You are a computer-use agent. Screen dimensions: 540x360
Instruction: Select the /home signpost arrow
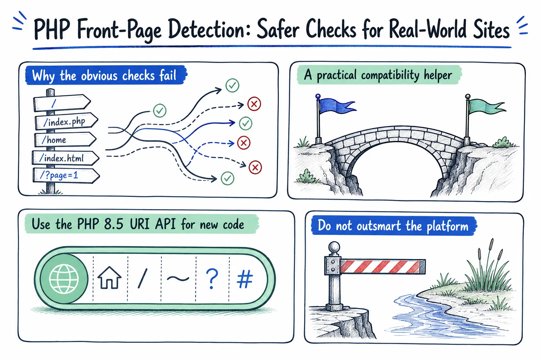pos(65,140)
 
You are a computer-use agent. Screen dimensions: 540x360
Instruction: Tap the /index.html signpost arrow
pos(66,158)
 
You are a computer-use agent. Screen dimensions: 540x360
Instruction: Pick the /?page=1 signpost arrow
pos(66,175)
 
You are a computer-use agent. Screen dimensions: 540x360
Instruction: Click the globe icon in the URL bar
pos(64,279)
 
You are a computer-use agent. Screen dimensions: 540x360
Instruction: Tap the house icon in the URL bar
pos(109,277)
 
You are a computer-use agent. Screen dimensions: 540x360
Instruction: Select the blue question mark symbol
pos(212,279)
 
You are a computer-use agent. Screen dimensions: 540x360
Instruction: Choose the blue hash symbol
pos(245,279)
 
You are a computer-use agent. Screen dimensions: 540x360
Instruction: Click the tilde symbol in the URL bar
pos(178,278)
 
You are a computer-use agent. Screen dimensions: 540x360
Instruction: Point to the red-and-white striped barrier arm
pos(382,266)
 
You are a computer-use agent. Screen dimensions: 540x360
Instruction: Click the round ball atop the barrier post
pos(334,247)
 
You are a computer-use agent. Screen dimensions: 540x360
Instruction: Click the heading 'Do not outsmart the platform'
pos(393,226)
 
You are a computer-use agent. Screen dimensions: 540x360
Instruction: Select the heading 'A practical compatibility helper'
pos(378,75)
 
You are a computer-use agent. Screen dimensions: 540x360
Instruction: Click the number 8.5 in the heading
pos(113,224)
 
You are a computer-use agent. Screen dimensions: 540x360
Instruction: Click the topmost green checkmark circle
pos(232,85)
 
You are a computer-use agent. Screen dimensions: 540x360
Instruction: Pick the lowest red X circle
pos(255,167)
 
